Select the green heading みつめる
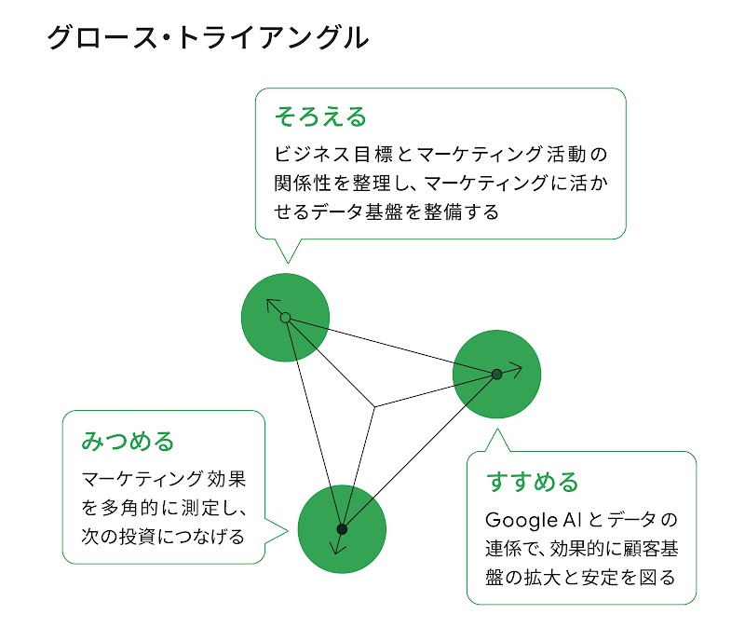click(x=128, y=440)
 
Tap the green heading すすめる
click(x=532, y=482)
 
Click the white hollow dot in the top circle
click(x=286, y=319)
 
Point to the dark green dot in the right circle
click(x=496, y=374)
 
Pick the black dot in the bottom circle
click(x=342, y=528)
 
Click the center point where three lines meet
click(x=374, y=407)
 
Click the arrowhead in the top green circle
click(x=272, y=306)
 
